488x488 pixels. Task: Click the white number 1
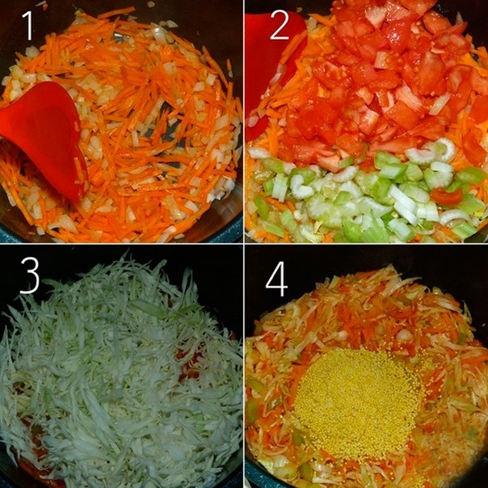[28, 25]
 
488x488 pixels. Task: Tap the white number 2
[280, 25]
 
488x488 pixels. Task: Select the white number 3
[30, 276]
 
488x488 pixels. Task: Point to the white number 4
[276, 279]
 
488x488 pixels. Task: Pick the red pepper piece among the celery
[446, 196]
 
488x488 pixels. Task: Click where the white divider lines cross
[244, 244]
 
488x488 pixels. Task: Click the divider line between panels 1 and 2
[244, 121]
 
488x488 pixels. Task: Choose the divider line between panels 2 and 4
[367, 244]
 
